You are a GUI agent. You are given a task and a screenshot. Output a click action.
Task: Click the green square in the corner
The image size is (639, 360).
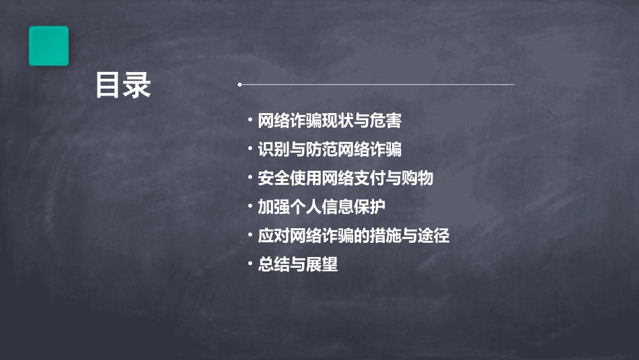point(48,46)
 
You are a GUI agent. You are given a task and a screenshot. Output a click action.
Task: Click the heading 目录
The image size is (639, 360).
point(123,85)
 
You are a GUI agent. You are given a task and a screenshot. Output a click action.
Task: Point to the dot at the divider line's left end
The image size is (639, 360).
point(239,85)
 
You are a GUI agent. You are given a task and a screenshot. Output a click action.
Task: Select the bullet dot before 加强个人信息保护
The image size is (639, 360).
point(250,207)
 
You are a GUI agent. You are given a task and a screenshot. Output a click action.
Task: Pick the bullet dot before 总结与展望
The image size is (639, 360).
point(250,264)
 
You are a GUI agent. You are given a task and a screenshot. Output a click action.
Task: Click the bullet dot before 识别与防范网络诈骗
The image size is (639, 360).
point(250,149)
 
